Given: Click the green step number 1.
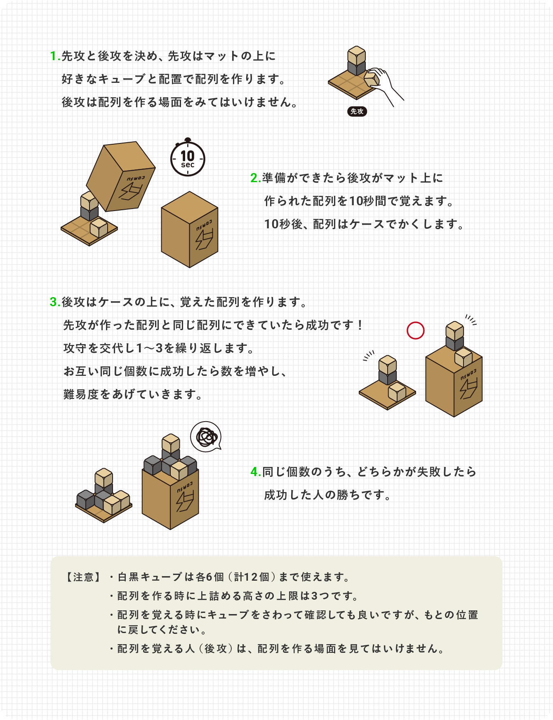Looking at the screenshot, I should [54, 56].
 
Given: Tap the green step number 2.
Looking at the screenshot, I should [254, 178].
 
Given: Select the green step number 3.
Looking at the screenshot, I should [54, 302].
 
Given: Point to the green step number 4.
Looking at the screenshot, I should [254, 472].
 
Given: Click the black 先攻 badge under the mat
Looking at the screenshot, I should [357, 111].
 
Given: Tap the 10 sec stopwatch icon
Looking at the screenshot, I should [188, 159].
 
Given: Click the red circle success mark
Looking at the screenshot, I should [415, 331].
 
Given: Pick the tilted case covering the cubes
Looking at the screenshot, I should [121, 176].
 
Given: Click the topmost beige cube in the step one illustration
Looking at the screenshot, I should [356, 55].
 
